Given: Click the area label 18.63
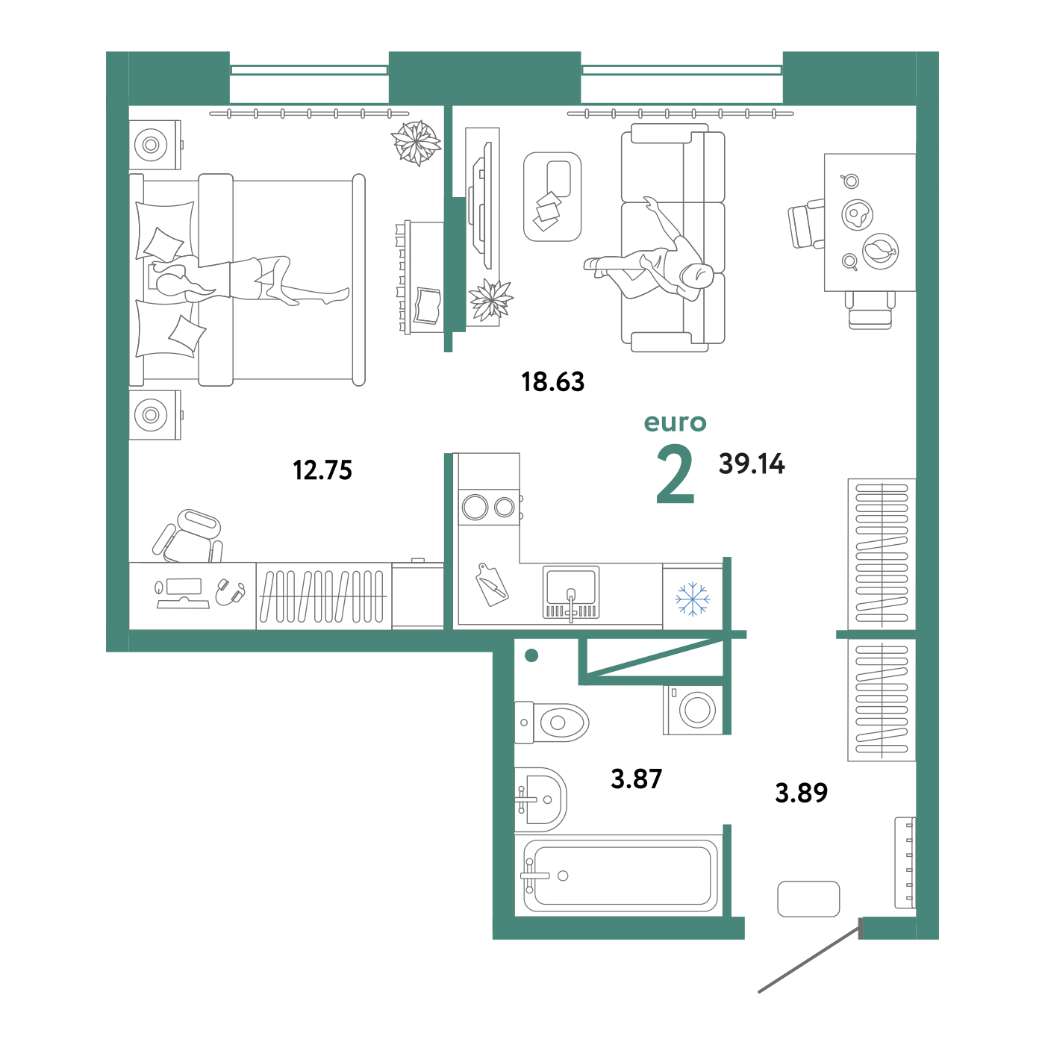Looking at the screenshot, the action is (x=552, y=381).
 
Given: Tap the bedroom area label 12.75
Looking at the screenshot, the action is (x=322, y=470).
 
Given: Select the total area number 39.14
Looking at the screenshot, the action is (x=752, y=464).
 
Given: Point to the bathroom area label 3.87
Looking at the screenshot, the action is (x=636, y=779).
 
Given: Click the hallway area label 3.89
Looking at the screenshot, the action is (x=802, y=793).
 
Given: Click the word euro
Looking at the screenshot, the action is (x=676, y=422).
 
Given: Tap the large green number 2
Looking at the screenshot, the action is (x=676, y=473).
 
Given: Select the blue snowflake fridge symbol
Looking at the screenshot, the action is (x=692, y=599).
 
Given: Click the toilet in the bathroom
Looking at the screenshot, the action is (x=551, y=723).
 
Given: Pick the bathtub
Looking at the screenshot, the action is (x=619, y=876).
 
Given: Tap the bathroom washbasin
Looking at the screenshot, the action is (x=540, y=800).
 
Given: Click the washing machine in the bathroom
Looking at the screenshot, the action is (x=693, y=710).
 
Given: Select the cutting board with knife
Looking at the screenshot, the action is (x=491, y=584).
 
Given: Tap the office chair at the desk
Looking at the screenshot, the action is (x=187, y=537).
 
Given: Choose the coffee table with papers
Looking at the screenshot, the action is (x=552, y=196).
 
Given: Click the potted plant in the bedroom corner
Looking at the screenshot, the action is (x=416, y=143).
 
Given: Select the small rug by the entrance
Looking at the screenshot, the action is (x=808, y=899).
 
